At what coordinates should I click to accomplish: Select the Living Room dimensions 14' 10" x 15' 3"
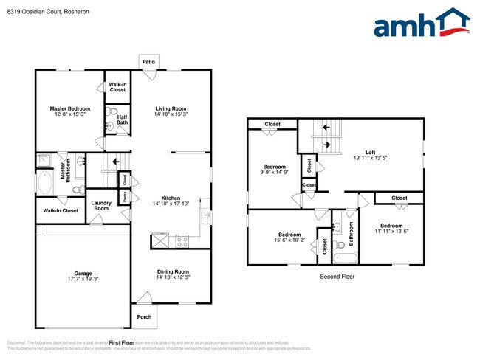[x=171, y=114]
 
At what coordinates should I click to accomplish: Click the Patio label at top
[x=148, y=62]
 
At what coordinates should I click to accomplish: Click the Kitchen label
[x=171, y=198]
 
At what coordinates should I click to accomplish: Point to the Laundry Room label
[x=101, y=206]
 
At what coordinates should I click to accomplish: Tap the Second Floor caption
[x=337, y=277]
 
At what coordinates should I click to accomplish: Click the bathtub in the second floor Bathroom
[x=344, y=257]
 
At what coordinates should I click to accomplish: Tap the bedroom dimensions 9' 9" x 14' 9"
[x=272, y=173]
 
